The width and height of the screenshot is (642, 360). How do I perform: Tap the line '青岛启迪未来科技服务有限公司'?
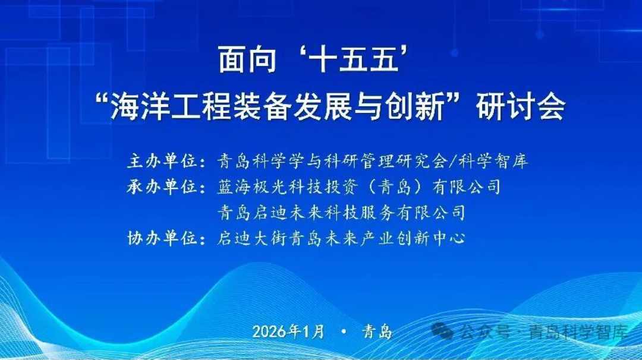[341, 212]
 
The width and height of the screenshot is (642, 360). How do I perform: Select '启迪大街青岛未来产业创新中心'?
[341, 239]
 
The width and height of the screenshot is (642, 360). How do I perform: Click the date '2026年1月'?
[288, 331]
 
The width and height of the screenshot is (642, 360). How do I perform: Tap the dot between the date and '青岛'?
[344, 331]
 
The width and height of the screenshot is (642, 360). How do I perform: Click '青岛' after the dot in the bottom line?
[377, 331]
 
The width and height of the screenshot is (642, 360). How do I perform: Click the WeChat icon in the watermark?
[443, 331]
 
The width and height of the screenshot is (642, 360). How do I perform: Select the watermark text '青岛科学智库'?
[578, 331]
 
